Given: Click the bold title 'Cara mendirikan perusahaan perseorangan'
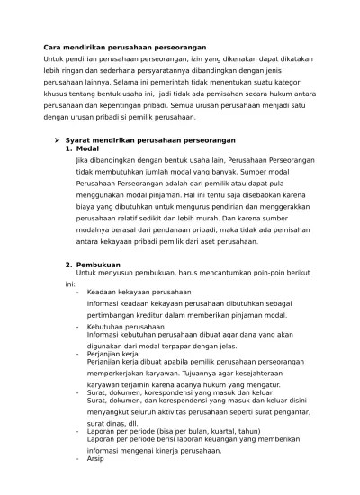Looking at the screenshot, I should click(125, 47).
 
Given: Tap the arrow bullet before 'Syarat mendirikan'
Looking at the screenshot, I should click(56, 140).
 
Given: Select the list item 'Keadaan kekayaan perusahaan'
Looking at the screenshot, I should click(139, 292).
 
